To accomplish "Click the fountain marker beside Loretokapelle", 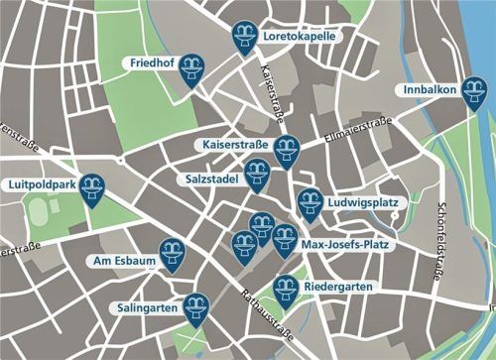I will [x=244, y=37].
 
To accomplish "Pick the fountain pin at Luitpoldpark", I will [x=92, y=187].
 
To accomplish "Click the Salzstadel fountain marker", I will [x=257, y=178].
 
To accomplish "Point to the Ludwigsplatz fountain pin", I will [x=310, y=202].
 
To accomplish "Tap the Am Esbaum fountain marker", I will [x=175, y=256].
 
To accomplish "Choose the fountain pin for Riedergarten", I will [x=286, y=288].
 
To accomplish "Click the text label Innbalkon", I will [x=432, y=90].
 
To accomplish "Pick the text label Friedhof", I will [x=153, y=63].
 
